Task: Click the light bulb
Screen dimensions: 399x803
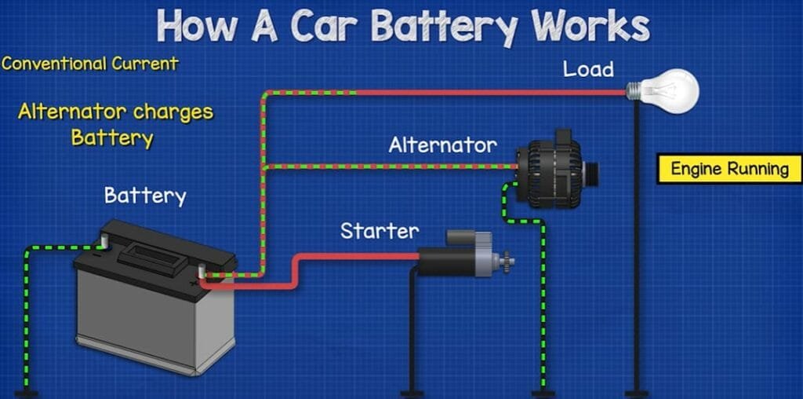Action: (668, 91)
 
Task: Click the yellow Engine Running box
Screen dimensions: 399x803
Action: (729, 169)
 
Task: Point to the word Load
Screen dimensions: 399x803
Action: (588, 69)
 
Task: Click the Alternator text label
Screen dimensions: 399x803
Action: (442, 145)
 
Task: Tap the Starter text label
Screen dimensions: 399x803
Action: (380, 231)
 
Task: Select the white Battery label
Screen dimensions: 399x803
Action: (145, 195)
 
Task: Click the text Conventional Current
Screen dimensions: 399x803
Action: (90, 63)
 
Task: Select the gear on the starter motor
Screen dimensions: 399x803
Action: (507, 259)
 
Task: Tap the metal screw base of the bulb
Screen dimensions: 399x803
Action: (633, 91)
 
